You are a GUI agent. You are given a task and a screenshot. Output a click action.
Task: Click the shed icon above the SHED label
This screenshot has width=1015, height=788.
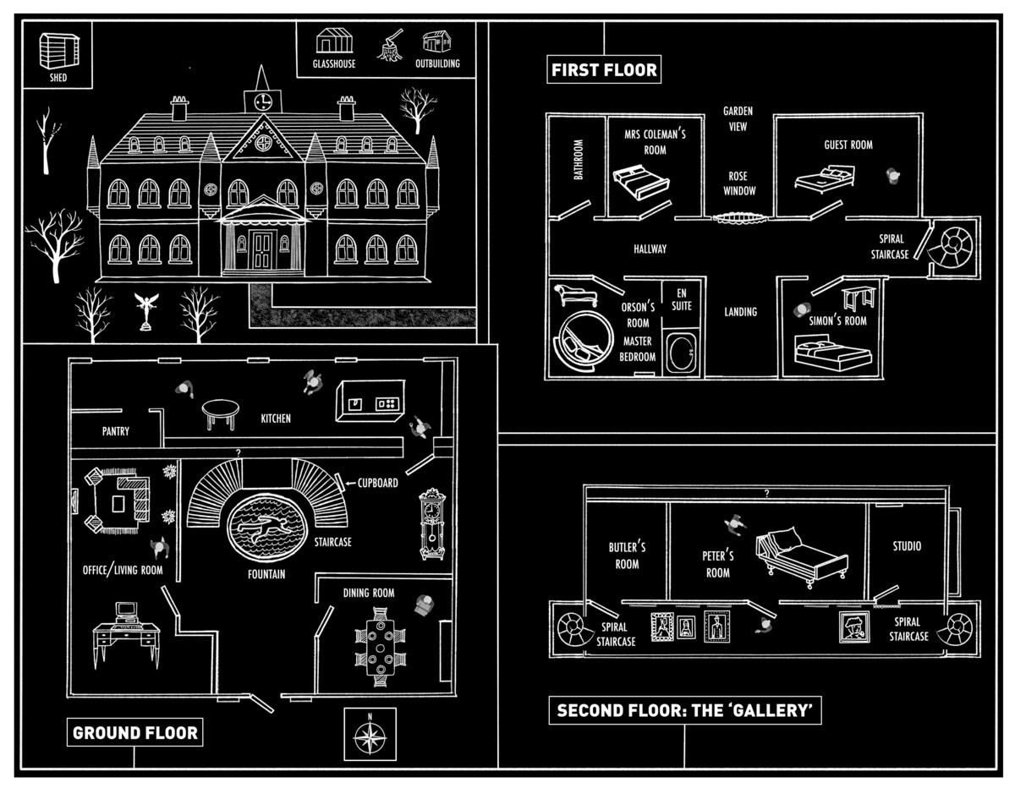tap(53, 52)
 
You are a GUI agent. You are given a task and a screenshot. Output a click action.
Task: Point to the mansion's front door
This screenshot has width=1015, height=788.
tap(261, 249)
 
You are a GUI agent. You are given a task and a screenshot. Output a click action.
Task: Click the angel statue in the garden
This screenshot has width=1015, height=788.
tap(147, 310)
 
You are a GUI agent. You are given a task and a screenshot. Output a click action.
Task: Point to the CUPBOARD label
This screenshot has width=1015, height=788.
tap(377, 483)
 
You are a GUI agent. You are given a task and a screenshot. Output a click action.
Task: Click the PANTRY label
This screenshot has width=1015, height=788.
tap(116, 431)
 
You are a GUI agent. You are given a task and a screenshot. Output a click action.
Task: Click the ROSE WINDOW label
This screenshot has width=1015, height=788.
tap(738, 183)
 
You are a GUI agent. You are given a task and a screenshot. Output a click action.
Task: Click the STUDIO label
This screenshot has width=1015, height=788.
tap(907, 546)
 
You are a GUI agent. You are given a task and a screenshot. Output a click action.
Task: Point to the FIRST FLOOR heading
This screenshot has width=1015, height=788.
tap(604, 70)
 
